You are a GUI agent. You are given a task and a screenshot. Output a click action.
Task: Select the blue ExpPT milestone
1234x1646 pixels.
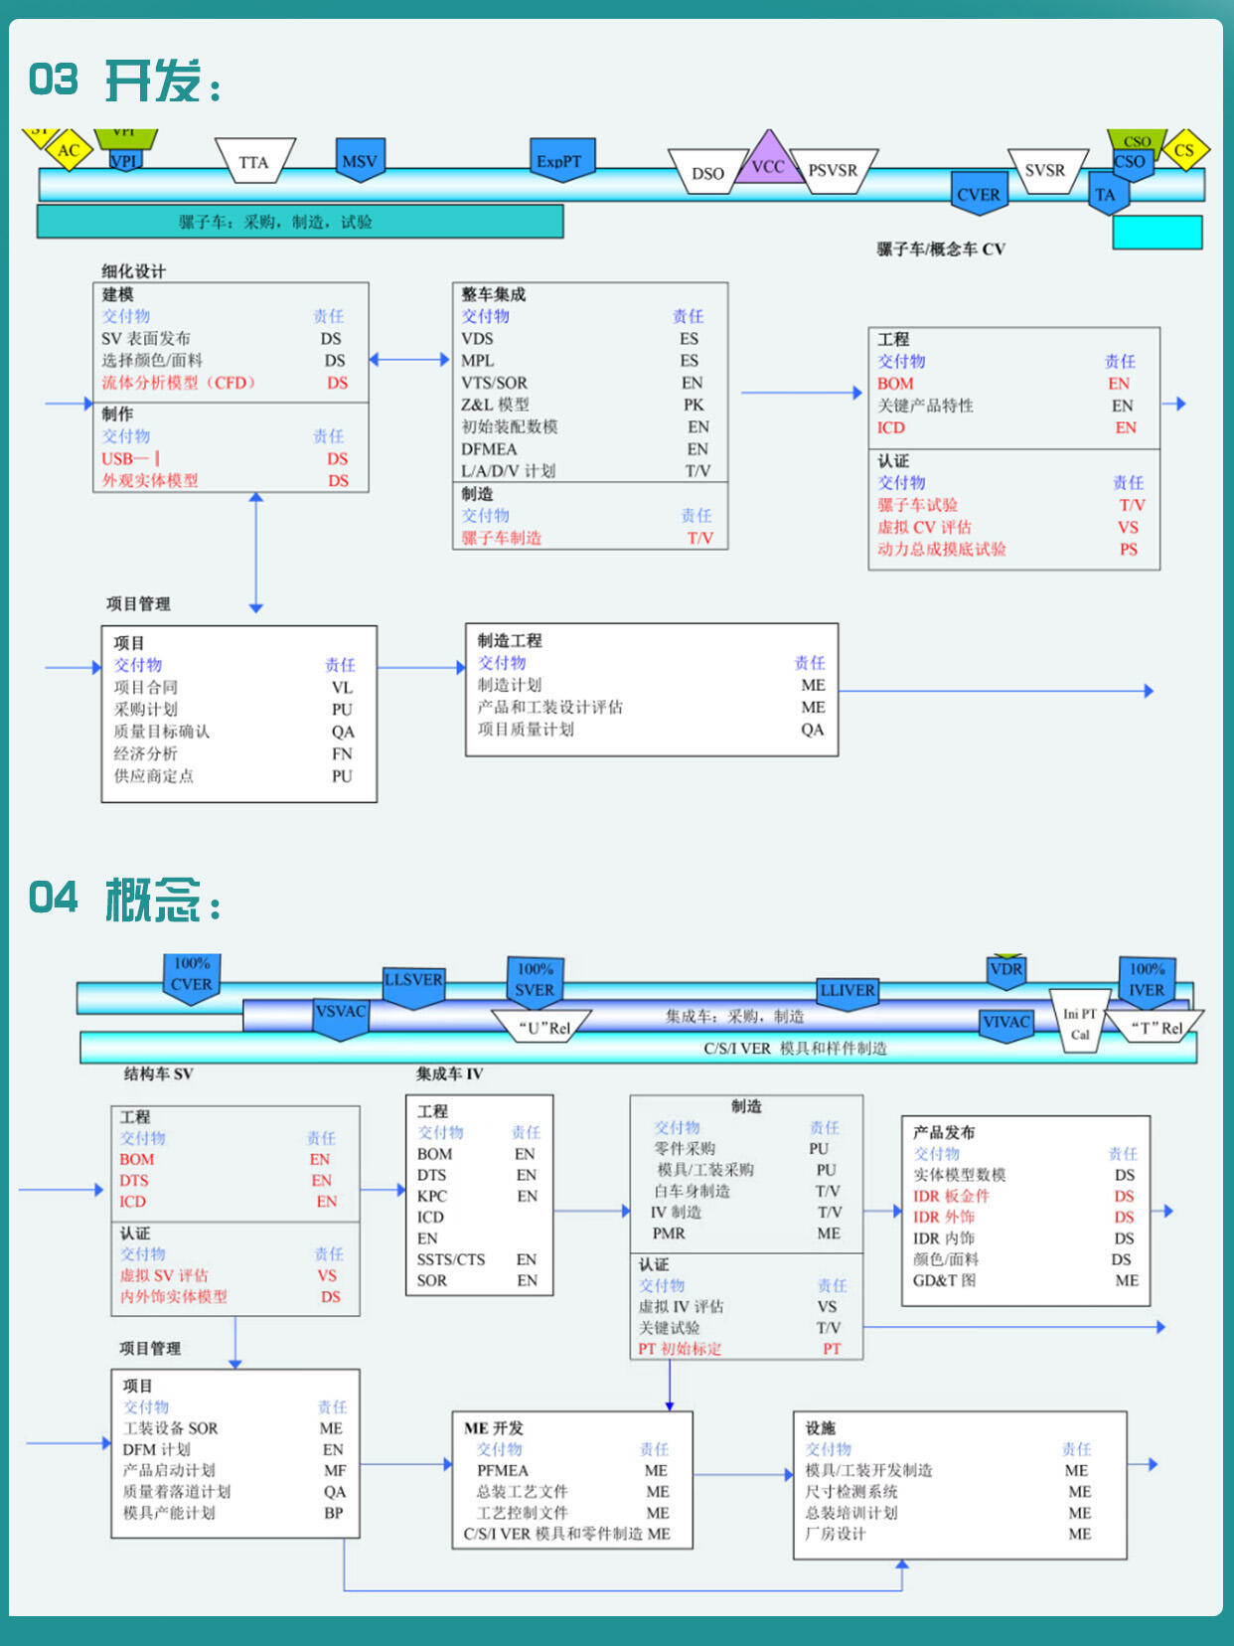coord(559,160)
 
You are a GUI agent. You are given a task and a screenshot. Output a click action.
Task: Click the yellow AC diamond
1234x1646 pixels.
coord(69,151)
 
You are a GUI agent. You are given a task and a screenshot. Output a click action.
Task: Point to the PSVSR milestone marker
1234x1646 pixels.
coord(833,170)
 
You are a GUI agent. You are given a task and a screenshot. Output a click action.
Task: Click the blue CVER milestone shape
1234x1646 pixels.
coord(979,194)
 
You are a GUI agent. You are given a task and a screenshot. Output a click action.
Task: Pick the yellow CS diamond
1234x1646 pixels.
coord(1183,151)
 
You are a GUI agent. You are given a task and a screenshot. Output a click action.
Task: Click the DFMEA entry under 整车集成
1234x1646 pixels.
coord(489,449)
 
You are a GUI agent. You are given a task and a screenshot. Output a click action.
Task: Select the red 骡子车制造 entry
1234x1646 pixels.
coord(502,538)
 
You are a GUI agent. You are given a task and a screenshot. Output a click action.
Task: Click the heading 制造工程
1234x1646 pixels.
coord(510,641)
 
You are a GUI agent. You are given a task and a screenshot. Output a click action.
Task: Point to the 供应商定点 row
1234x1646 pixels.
coord(153,776)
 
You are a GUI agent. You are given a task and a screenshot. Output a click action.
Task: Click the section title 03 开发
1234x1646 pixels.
coord(124,81)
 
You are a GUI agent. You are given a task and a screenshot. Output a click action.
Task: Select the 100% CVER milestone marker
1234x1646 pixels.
coord(192,976)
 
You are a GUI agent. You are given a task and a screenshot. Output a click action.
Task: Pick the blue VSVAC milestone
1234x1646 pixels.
coord(341,1014)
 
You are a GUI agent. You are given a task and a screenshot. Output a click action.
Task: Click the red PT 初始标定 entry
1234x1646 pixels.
coord(680,1349)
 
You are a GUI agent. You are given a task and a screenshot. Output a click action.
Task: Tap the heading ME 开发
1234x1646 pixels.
coord(494,1428)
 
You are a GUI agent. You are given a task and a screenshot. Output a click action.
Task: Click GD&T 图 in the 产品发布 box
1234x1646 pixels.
coord(944,1280)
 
